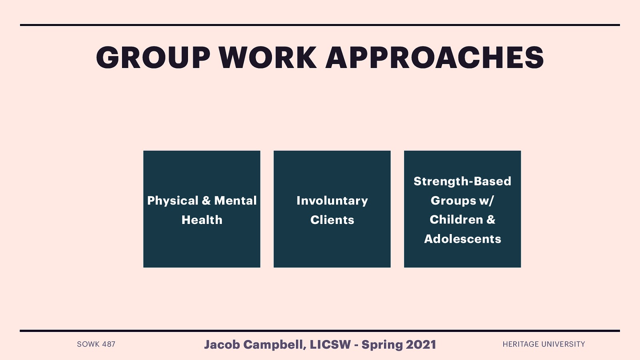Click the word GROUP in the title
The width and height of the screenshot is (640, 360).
coord(153,58)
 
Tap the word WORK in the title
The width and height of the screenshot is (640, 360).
coord(268,58)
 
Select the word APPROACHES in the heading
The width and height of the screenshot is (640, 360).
coord(435,58)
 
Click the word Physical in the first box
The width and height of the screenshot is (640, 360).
coord(173,201)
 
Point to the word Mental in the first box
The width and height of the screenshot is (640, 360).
coord(235,200)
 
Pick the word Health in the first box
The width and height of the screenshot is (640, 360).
coord(202,220)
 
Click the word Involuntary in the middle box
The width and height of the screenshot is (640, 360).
coord(332,201)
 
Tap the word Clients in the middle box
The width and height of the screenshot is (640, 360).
coord(332,220)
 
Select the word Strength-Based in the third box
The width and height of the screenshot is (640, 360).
coord(462,181)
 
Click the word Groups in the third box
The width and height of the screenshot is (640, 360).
coord(453,200)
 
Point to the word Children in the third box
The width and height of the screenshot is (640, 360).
coord(456,220)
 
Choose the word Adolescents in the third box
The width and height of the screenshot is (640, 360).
coord(462,239)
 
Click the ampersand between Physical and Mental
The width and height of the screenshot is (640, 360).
coord(206,200)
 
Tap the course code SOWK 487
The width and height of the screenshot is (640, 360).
coord(96,344)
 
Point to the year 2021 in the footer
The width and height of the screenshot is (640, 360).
coord(421,344)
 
